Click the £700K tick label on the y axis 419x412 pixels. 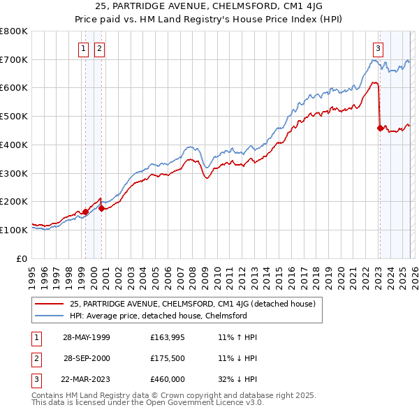pos(14,59)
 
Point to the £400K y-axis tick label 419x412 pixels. pos(14,145)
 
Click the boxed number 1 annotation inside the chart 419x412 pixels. pos(84,48)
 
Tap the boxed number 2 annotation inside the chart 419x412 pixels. pos(99,48)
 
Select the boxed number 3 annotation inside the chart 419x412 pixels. pos(378,48)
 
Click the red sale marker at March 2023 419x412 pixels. pos(380,128)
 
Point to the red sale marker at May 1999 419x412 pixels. pos(85,212)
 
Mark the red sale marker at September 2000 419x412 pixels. pos(102,208)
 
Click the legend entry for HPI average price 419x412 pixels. pos(159,316)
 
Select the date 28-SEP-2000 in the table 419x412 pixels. pos(87,359)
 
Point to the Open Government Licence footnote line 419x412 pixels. pos(148,403)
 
